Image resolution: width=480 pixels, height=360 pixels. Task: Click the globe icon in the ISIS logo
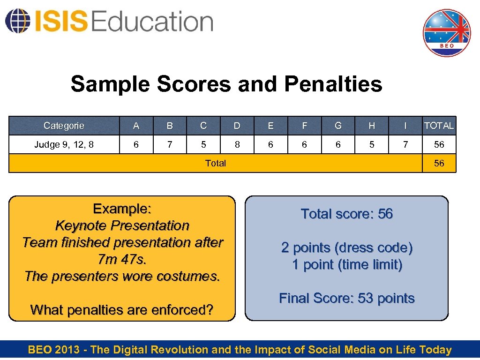[x=16, y=21]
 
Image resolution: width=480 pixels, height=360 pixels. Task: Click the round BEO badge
[x=446, y=33]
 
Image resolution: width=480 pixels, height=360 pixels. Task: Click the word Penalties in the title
[x=333, y=84]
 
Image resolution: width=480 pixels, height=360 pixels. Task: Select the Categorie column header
[x=64, y=126]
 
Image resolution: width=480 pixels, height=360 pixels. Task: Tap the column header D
[x=237, y=126]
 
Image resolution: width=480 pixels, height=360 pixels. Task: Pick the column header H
[x=372, y=126]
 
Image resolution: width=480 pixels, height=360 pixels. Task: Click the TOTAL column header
[x=439, y=126]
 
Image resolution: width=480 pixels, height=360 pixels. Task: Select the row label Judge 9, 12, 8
[x=64, y=144]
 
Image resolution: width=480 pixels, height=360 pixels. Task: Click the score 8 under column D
[x=237, y=144]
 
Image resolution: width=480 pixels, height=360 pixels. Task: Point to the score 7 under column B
[x=170, y=144]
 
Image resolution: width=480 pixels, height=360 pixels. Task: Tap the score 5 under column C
[x=203, y=144]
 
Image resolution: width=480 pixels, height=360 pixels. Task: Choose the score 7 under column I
[x=405, y=144]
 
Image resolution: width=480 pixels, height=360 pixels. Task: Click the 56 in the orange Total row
[x=439, y=163]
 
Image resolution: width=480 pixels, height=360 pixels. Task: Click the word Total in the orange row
[x=216, y=163]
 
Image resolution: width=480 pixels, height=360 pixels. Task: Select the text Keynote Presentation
[x=122, y=225]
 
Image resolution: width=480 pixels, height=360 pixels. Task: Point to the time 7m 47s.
[x=122, y=259]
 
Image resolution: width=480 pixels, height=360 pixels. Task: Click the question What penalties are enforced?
[x=122, y=310]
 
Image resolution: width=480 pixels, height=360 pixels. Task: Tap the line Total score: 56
[x=347, y=214]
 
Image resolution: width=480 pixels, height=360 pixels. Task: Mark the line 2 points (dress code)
[x=347, y=247]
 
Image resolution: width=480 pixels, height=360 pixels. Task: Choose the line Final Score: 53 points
[x=347, y=298]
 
